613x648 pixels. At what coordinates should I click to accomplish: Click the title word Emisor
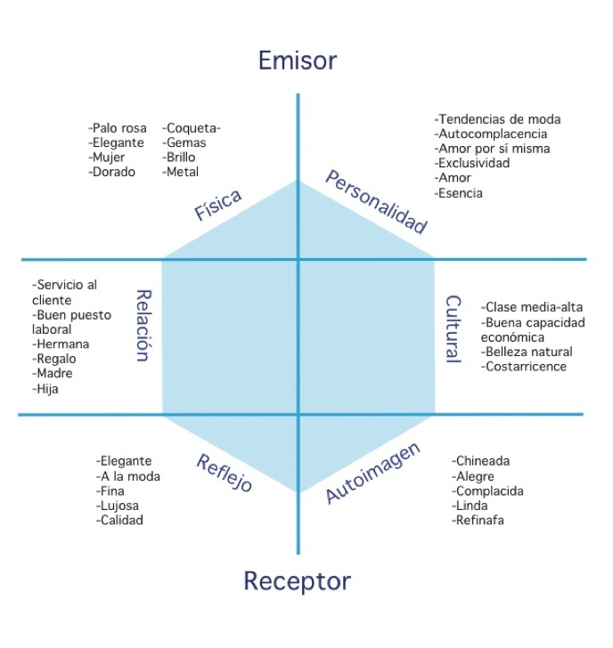(x=297, y=61)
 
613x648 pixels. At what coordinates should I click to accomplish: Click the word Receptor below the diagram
(x=297, y=582)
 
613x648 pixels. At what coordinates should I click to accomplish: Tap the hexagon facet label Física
(x=218, y=206)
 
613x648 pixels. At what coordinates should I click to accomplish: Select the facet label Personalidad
(x=376, y=202)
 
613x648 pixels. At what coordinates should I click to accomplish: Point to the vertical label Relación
(x=142, y=325)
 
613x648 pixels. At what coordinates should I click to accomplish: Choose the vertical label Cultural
(x=453, y=329)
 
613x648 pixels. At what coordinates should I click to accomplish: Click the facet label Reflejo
(x=224, y=474)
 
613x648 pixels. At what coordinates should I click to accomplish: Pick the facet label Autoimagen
(x=372, y=473)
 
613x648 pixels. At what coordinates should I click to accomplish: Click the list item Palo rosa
(x=119, y=128)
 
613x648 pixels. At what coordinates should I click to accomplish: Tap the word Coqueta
(x=192, y=128)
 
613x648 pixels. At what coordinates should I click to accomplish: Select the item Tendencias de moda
(x=497, y=119)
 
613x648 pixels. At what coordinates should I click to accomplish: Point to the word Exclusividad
(x=472, y=163)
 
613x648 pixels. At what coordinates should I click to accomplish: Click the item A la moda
(x=128, y=476)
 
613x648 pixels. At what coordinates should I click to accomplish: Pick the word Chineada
(x=481, y=461)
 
